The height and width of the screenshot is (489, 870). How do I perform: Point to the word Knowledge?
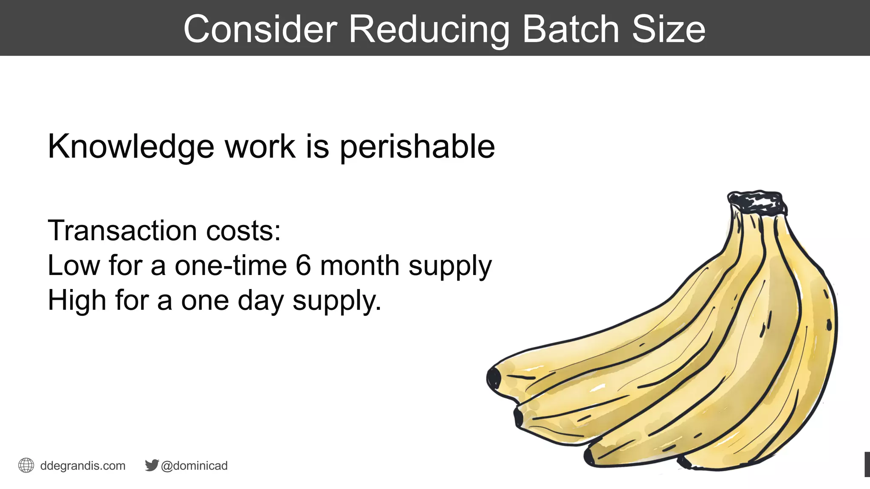coord(131,147)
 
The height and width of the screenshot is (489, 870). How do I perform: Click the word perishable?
coord(417,147)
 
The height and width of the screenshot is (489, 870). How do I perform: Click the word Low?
coord(73,266)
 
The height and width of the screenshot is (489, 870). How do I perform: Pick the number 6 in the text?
coord(303,266)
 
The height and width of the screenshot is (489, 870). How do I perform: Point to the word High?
coord(77,301)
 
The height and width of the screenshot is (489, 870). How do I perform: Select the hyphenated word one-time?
coord(231,266)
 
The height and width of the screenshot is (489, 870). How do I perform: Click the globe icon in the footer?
coord(26,465)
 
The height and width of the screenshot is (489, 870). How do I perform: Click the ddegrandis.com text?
coord(83,466)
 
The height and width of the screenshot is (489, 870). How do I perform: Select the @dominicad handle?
coord(195,466)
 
